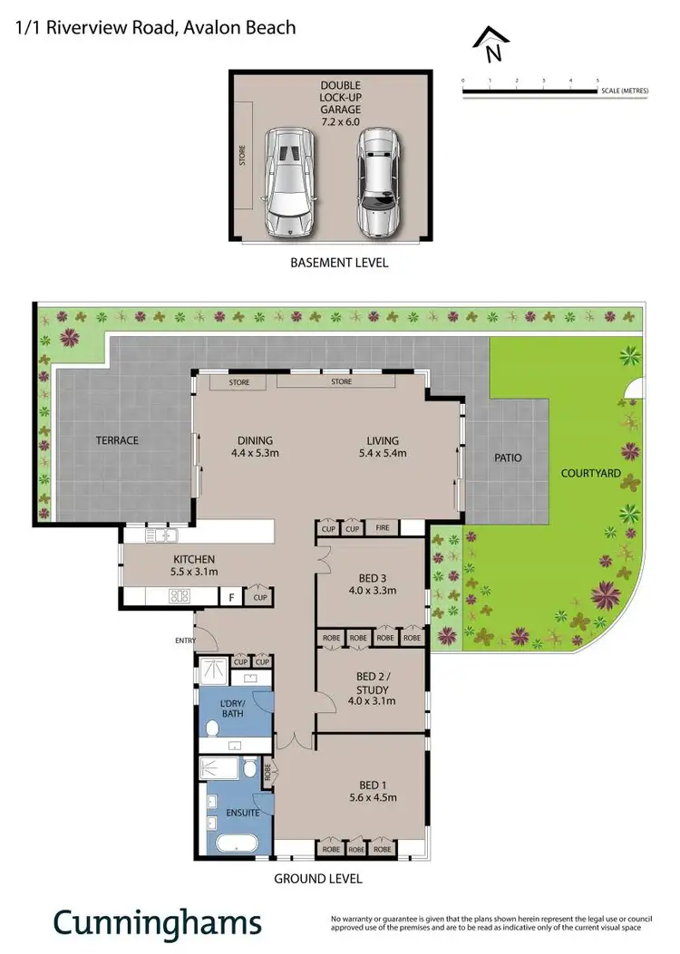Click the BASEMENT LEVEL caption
[x=339, y=263]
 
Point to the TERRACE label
[x=117, y=440]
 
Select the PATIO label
[x=508, y=458]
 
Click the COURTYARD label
[x=590, y=473]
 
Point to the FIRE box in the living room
[x=382, y=527]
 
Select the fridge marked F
[x=232, y=598]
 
